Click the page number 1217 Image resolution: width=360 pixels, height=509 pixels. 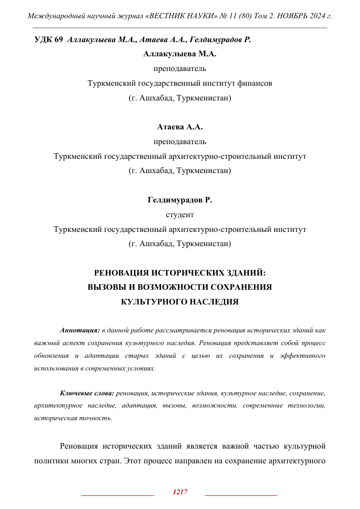pos(180,492)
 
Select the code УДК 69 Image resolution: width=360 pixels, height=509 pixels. pos(48,40)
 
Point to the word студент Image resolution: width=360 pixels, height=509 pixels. pos(180,215)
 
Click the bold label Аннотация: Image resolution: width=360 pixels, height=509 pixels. pos(79,330)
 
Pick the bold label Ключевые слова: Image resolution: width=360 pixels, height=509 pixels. pos(87,393)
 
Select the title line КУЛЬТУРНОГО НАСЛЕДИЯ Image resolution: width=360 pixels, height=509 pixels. pos(180,301)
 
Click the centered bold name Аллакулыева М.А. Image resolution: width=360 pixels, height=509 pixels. pos(180,54)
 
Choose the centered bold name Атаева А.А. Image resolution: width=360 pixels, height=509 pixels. pos(180,127)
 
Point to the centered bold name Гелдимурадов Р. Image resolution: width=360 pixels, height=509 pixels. pos(180,200)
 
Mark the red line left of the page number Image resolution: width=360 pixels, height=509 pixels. pos(117,494)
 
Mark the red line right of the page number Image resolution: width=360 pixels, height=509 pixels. pos(241,494)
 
